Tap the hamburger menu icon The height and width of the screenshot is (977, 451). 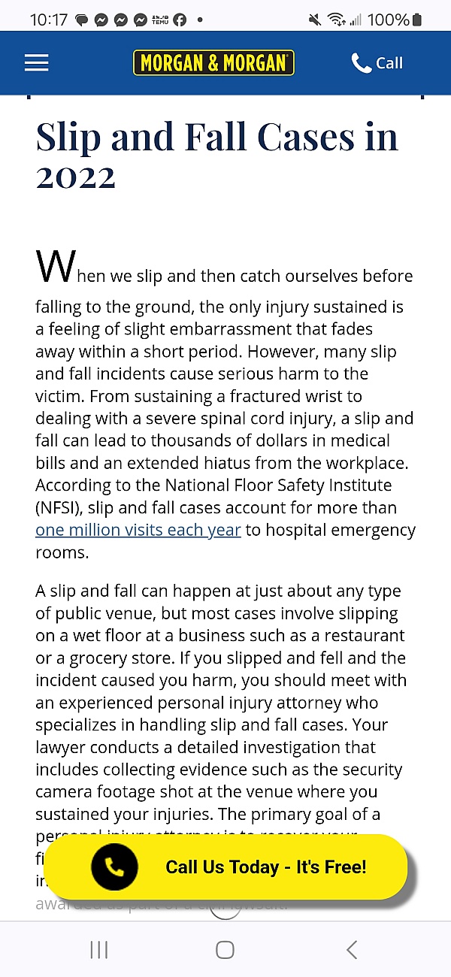point(36,63)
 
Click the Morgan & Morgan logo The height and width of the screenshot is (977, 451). point(213,63)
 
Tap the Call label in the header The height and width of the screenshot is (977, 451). point(389,63)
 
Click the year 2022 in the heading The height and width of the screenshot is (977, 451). point(76,177)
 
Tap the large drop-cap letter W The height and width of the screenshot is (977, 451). point(56,267)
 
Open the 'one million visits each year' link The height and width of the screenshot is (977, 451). point(138,530)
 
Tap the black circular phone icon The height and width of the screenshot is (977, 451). point(114,867)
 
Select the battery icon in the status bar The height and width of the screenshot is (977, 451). point(417,20)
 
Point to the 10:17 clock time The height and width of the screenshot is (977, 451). point(49,20)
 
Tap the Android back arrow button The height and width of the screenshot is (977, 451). point(351,949)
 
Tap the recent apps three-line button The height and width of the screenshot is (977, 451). point(99,949)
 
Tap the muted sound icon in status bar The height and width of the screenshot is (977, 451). point(315,20)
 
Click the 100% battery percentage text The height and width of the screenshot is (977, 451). point(388,20)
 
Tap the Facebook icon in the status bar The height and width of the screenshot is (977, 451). point(180,20)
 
